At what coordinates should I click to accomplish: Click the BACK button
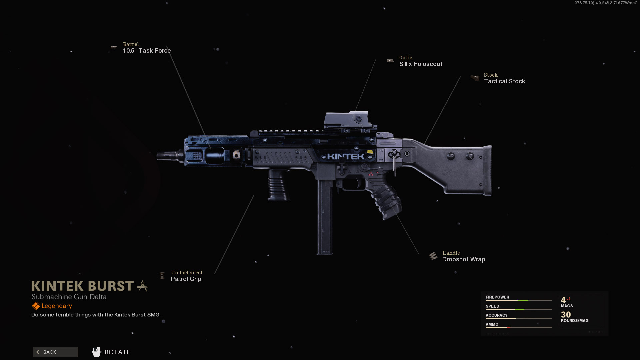click(55, 352)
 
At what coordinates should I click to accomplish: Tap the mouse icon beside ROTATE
click(96, 352)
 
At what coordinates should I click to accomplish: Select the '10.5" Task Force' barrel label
click(147, 51)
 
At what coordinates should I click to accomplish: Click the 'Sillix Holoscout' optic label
click(421, 64)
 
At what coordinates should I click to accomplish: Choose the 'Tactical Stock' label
click(504, 81)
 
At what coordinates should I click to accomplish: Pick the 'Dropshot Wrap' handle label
click(463, 259)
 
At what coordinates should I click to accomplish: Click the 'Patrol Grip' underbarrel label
click(186, 279)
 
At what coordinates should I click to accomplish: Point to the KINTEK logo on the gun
click(346, 157)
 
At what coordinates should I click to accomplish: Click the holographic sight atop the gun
click(347, 120)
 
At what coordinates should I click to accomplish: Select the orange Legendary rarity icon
click(36, 306)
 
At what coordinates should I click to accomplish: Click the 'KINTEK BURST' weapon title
click(83, 286)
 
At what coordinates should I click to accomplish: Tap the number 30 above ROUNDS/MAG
click(566, 315)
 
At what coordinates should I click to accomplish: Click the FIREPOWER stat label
click(497, 297)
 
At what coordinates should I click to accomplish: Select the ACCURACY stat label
click(496, 315)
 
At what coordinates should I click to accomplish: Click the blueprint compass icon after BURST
click(143, 286)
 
